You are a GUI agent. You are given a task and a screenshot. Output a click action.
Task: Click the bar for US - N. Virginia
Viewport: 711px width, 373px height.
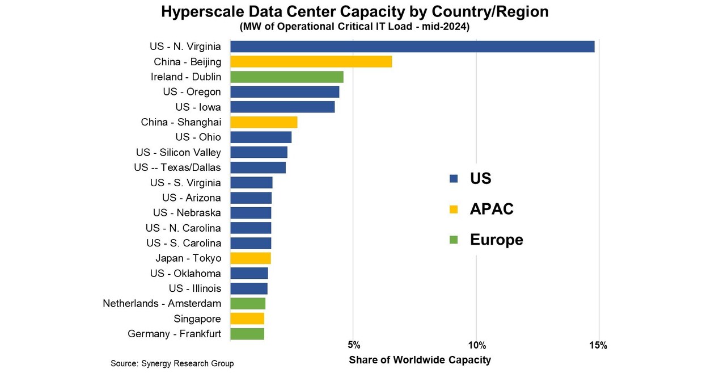pyautogui.click(x=412, y=47)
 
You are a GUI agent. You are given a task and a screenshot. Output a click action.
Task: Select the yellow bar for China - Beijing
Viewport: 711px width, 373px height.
pyautogui.click(x=311, y=62)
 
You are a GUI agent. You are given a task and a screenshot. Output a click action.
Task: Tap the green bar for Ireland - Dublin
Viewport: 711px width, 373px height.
pyautogui.click(x=286, y=77)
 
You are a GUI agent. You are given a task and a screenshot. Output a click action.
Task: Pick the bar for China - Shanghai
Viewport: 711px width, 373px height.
pyautogui.click(x=264, y=122)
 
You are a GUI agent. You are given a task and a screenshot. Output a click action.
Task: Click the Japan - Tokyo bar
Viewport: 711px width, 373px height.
pyautogui.click(x=251, y=258)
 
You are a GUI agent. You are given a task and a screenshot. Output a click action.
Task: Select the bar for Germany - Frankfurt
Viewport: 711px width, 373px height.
pyautogui.click(x=247, y=334)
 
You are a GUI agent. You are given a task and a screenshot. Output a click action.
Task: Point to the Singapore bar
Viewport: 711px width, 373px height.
pyautogui.click(x=247, y=318)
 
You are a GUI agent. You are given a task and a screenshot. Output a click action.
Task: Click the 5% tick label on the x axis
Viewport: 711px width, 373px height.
pyautogui.click(x=353, y=346)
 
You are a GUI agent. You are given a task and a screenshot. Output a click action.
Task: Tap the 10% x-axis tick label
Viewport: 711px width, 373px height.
pyautogui.click(x=477, y=346)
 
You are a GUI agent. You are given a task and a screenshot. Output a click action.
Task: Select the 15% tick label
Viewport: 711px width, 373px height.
pyautogui.click(x=598, y=346)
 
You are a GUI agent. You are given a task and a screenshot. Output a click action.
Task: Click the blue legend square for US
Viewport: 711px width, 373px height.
pyautogui.click(x=453, y=179)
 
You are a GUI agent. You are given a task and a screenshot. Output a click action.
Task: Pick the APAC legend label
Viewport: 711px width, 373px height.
pyautogui.click(x=492, y=209)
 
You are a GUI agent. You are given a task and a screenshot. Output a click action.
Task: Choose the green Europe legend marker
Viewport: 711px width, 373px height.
pyautogui.click(x=453, y=240)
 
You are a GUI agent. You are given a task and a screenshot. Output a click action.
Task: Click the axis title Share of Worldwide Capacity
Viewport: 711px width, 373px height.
pyautogui.click(x=420, y=360)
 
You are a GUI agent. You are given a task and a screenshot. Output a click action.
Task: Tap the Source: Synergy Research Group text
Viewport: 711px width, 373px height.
pyautogui.click(x=172, y=363)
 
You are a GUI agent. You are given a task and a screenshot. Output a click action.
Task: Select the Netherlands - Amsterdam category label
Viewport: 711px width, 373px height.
pyautogui.click(x=162, y=304)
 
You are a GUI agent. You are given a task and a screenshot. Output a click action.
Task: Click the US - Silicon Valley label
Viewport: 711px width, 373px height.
pyautogui.click(x=179, y=152)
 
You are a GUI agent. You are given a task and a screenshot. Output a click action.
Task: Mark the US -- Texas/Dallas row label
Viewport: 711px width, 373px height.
pyautogui.click(x=177, y=167)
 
